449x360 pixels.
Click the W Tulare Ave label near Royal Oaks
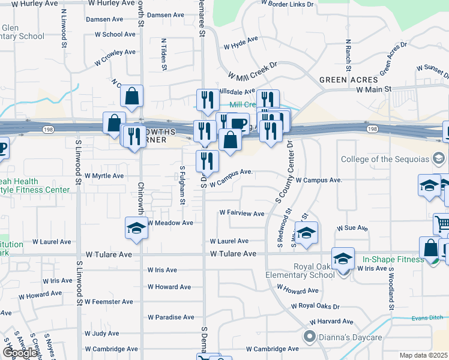coord(234,254)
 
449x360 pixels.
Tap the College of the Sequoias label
coord(386,159)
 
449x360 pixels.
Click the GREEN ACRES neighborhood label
coord(348,80)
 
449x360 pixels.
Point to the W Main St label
coord(373,89)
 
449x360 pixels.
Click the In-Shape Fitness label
coord(393,260)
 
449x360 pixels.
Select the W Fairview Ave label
coord(241,213)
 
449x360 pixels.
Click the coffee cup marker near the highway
coord(238,124)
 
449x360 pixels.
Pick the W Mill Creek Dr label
coord(252,70)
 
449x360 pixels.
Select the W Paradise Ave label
coord(171,317)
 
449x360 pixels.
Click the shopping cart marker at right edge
coord(442,224)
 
